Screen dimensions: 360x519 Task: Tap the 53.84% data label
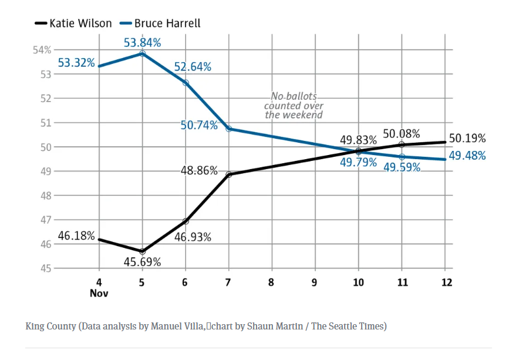coord(142,42)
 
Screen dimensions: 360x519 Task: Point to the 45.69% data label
coord(142,262)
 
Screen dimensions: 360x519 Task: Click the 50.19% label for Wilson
coord(467,139)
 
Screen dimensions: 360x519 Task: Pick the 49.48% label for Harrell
coord(467,156)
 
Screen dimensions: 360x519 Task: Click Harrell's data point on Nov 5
coord(143,53)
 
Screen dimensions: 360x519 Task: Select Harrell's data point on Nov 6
coord(186,83)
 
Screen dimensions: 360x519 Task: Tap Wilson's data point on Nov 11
coord(402,144)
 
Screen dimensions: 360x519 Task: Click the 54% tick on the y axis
coord(42,50)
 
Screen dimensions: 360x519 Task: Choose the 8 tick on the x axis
coord(271,282)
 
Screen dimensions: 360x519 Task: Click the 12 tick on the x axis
coord(446,282)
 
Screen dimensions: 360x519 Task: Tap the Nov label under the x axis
coord(99,293)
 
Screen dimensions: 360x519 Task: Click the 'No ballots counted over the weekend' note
coord(294,106)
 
